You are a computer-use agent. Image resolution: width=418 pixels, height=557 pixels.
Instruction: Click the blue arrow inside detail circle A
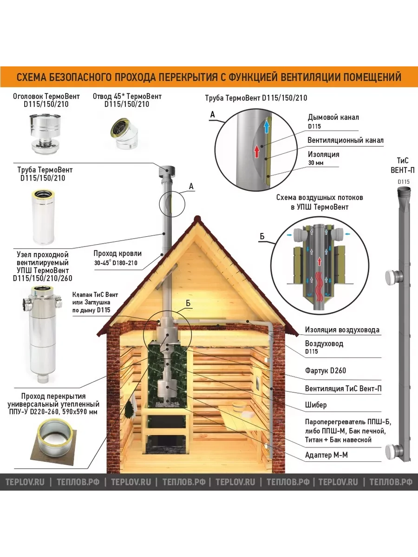[267, 127]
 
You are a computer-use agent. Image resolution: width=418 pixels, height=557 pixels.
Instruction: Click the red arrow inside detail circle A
[257, 151]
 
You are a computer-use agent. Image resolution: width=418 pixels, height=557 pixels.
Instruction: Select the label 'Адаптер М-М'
[326, 455]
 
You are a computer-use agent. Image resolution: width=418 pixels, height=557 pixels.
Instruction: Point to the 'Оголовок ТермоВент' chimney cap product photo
[45, 134]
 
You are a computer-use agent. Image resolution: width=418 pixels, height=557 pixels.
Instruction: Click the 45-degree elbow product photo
[124, 133]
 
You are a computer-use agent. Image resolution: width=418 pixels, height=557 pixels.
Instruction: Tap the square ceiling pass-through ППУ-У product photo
[53, 442]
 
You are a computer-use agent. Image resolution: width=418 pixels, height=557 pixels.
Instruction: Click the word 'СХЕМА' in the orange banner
[31, 77]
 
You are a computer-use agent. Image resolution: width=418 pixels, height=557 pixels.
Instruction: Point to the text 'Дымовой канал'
[333, 117]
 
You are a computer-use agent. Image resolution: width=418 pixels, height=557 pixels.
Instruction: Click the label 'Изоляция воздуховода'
[342, 330]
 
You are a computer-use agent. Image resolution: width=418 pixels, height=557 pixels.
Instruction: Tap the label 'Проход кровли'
[118, 253]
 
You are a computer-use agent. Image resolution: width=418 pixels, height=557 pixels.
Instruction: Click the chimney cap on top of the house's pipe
[167, 172]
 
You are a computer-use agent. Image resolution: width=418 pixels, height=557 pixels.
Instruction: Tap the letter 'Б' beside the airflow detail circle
[262, 236]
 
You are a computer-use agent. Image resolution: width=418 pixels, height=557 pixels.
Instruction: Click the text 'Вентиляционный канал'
[346, 140]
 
